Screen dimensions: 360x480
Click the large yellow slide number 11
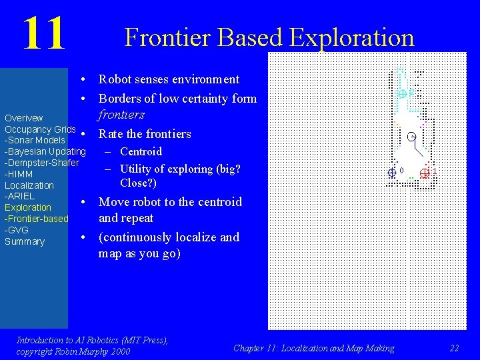point(44,34)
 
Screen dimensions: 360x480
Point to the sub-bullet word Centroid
point(141,151)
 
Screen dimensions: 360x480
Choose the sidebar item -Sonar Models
point(35,140)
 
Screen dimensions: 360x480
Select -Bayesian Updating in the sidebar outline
point(45,151)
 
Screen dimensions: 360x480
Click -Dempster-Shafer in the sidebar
point(41,163)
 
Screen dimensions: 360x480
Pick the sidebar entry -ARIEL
point(19,197)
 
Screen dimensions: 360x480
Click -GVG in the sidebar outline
point(17,230)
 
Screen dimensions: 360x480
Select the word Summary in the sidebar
point(25,241)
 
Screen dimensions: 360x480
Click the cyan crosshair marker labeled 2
point(402,93)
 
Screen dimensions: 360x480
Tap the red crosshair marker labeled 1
point(425,173)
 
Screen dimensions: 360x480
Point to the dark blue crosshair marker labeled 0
point(392,172)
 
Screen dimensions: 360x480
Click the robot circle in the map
point(411,137)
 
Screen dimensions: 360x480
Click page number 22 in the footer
point(454,348)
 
